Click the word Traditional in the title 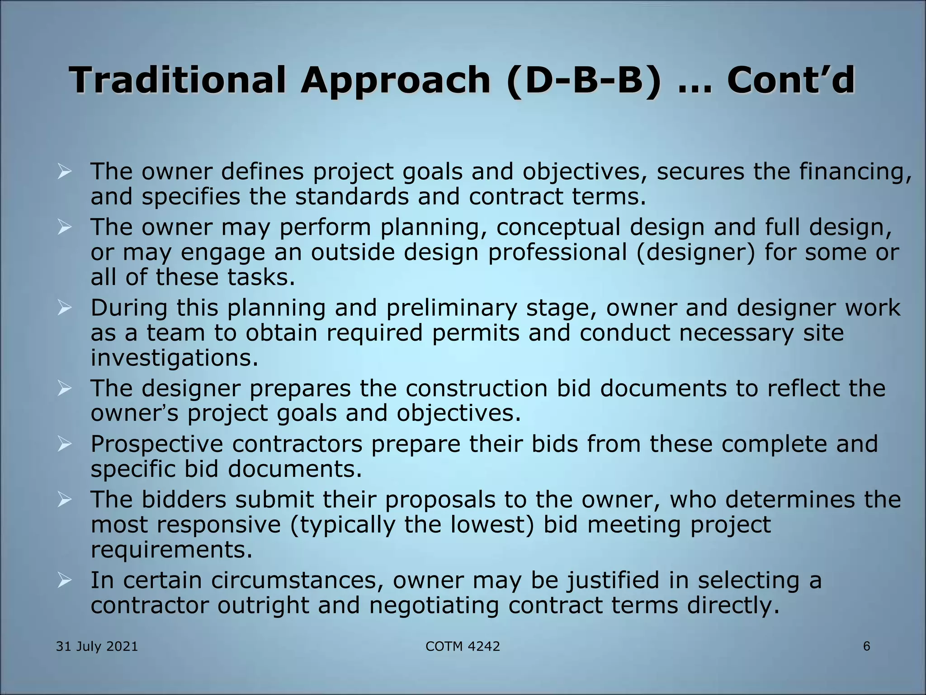(x=178, y=80)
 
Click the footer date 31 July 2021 (x=97, y=647)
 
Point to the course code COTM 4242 (x=463, y=647)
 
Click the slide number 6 (x=866, y=646)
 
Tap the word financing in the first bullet (x=855, y=172)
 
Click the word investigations (x=174, y=358)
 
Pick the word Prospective (x=156, y=444)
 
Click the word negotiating (x=434, y=606)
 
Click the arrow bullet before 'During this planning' (x=65, y=308)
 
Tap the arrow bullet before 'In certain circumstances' (x=65, y=581)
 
